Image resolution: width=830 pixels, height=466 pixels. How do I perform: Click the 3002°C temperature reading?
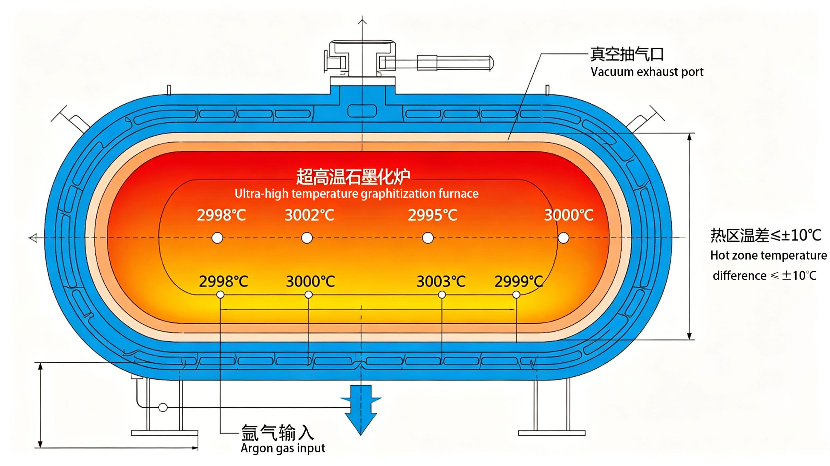309,215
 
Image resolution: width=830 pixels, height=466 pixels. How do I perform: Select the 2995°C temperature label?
433,215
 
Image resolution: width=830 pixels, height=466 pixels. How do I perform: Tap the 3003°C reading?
441,281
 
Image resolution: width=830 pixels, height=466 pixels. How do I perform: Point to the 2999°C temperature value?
519,281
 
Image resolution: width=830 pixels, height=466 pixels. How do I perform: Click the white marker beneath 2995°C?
428,238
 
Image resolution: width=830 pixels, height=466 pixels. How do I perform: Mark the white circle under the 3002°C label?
307,238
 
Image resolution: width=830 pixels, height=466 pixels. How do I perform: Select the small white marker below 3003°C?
442,295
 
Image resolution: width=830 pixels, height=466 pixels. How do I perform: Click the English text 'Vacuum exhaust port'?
647,72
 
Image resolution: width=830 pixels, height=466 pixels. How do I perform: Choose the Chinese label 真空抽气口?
627,54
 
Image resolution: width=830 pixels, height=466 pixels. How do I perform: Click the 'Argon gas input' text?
283,448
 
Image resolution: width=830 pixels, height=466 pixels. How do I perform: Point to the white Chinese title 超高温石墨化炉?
353,177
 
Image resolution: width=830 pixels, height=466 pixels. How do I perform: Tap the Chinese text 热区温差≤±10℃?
766,236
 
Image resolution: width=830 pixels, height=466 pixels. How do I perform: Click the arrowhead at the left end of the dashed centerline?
33,238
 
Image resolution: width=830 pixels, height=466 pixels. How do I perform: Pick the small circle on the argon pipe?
163,407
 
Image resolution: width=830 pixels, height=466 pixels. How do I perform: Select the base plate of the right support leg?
552,433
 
